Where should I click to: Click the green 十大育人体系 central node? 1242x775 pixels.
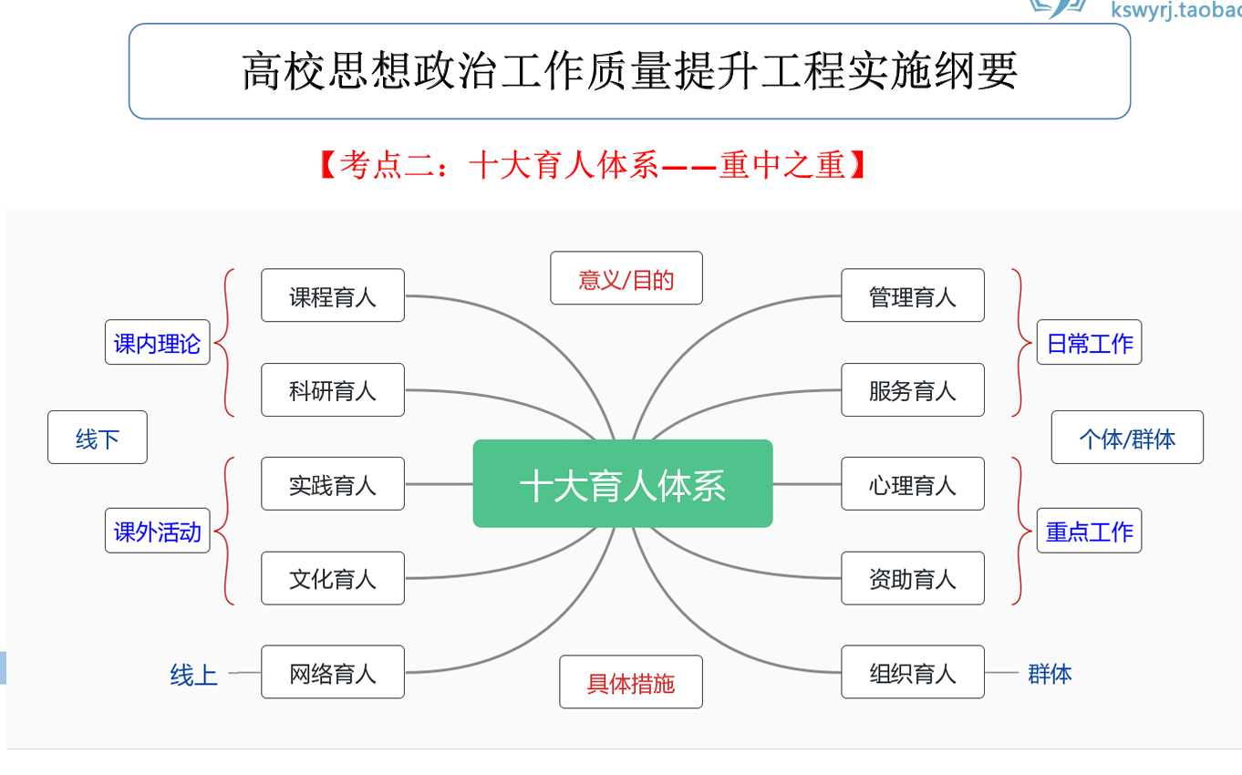coord(623,484)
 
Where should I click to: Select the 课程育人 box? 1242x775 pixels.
coord(333,295)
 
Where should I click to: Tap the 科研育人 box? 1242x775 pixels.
coord(333,390)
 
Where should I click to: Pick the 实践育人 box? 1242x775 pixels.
coord(333,484)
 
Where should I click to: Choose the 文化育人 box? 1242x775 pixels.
coord(333,578)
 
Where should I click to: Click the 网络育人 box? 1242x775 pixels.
coord(333,673)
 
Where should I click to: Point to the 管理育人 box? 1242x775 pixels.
coord(913,295)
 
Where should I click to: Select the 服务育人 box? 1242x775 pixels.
coord(913,390)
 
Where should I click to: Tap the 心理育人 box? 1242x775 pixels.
coord(913,484)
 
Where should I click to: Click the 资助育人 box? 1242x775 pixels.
coord(913,578)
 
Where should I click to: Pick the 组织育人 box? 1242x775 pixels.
coord(913,673)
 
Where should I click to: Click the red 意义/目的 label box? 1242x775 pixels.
coord(626,278)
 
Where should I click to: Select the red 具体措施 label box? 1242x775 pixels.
coord(631,682)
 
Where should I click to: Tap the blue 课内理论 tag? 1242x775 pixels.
coord(158,343)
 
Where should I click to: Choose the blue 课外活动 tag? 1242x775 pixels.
coord(158,531)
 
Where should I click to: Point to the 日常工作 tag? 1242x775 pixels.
coord(1090,343)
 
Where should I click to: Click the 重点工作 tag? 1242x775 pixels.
coord(1090,531)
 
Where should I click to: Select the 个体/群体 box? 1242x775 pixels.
coord(1128,438)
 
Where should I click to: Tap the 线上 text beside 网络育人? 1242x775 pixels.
coord(194,675)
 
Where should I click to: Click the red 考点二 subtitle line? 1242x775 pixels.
coord(593,165)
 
